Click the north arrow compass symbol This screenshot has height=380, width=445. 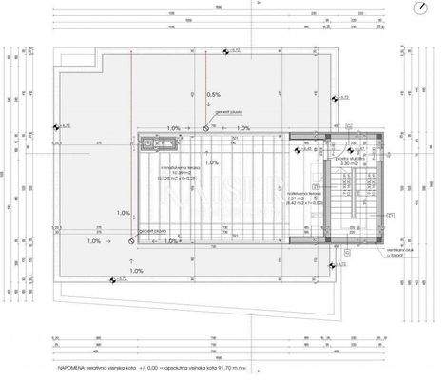coord(419,9)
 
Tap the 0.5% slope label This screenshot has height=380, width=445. coord(213,94)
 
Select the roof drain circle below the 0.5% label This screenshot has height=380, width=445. coord(206,126)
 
